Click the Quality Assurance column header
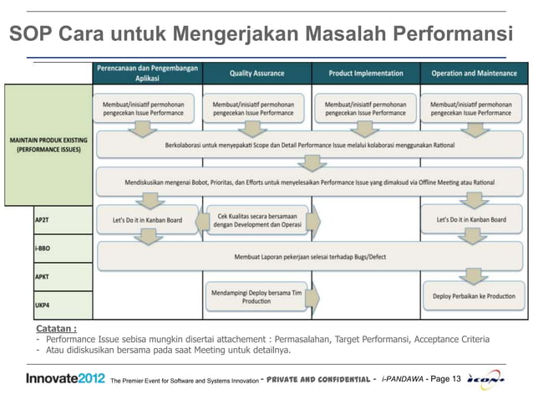(x=257, y=73)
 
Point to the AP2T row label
(x=42, y=219)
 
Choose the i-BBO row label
(x=42, y=249)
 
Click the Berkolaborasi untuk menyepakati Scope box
(x=309, y=145)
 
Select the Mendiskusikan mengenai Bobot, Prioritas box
(x=309, y=178)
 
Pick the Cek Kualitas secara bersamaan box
(x=256, y=219)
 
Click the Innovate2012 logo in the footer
(x=65, y=380)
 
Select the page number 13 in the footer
(x=456, y=381)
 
